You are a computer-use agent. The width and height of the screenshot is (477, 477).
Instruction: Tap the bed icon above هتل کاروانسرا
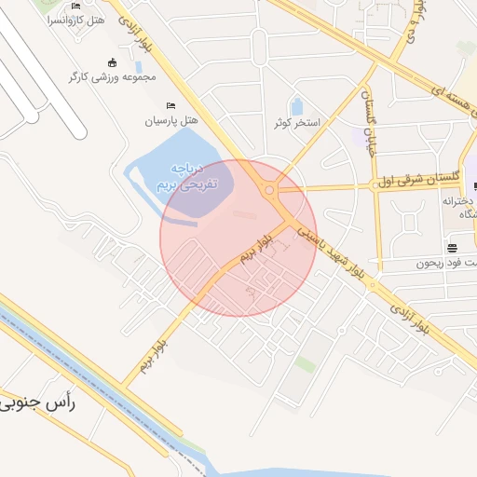(75, 6)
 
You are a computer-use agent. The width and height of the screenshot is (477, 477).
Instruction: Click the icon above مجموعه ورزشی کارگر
(113, 62)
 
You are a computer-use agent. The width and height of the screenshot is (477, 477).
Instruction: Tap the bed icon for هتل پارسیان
(170, 106)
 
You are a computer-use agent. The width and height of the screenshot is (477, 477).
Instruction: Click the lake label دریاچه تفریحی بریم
(184, 176)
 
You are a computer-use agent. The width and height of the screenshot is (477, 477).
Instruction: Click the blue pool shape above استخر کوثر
(296, 106)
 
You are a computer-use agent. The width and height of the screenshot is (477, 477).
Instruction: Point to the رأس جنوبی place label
(40, 403)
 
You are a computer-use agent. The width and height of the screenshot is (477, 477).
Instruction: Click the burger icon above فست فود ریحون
(452, 249)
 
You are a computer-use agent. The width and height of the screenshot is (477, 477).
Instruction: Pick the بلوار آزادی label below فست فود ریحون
(412, 318)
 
